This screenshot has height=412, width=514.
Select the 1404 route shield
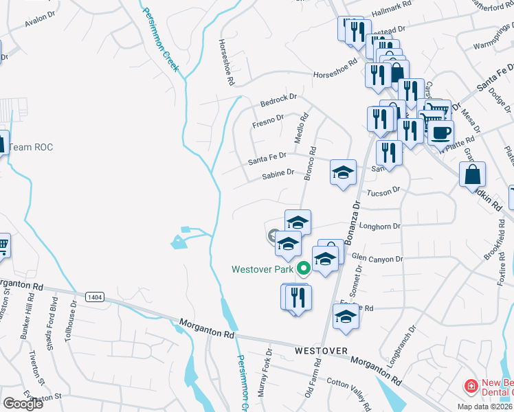tap(96, 297)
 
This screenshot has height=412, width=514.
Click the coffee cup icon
tap(440, 132)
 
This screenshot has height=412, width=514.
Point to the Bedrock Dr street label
tap(278, 100)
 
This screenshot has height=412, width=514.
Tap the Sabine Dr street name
tap(278, 176)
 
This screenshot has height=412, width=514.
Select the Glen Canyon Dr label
tap(377, 259)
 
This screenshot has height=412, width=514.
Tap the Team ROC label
tap(31, 147)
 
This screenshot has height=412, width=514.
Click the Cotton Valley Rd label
tap(349, 391)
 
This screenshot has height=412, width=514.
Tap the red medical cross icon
tap(471, 386)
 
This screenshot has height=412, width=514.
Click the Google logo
tap(23, 403)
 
